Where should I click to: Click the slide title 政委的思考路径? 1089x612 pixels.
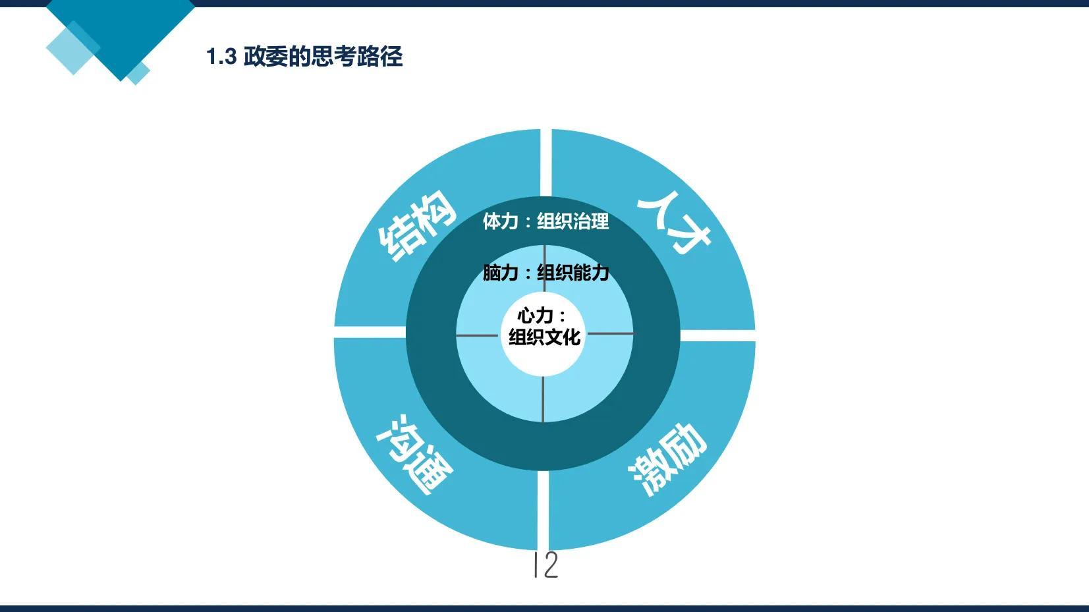pyautogui.click(x=323, y=57)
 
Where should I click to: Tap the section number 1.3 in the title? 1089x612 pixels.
pyautogui.click(x=221, y=57)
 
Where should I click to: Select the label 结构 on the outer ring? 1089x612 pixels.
pyautogui.click(x=417, y=225)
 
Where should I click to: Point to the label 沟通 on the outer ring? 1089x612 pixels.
pyautogui.click(x=414, y=455)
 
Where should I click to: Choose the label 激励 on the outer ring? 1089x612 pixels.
pyautogui.click(x=667, y=459)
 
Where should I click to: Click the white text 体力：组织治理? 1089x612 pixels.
pyautogui.click(x=545, y=221)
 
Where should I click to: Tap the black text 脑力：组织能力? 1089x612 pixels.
pyautogui.click(x=545, y=273)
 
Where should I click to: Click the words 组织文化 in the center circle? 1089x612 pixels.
pyautogui.click(x=544, y=337)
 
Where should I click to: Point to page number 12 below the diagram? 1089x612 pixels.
pyautogui.click(x=545, y=565)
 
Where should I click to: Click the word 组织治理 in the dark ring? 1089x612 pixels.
pyautogui.click(x=572, y=221)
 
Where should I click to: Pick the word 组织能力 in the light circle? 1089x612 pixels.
pyautogui.click(x=573, y=273)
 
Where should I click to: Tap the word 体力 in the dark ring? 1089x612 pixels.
pyautogui.click(x=500, y=221)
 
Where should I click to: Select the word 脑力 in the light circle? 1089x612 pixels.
pyautogui.click(x=500, y=273)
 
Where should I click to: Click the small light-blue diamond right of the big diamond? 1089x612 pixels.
pyautogui.click(x=138, y=73)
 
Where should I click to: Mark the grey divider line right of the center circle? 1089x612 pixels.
pyautogui.click(x=611, y=333)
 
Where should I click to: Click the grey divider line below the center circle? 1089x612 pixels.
pyautogui.click(x=543, y=399)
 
